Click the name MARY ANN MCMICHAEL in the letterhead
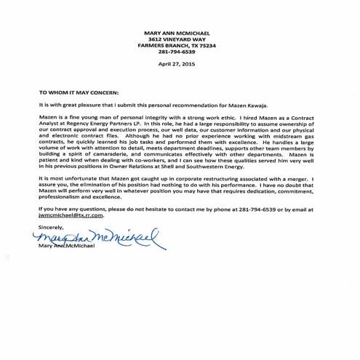click(180, 33)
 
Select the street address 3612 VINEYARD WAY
click(180, 39)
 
